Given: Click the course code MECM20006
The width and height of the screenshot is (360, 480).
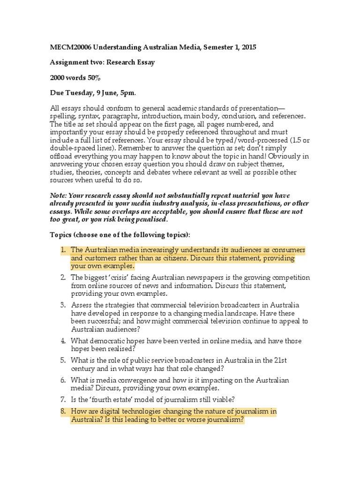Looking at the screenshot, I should (70, 48).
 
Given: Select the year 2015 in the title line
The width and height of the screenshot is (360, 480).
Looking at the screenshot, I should (248, 48).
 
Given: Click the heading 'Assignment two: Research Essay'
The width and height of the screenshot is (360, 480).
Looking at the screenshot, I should (102, 62).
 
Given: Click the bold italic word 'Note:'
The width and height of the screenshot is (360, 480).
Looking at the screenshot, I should (60, 195).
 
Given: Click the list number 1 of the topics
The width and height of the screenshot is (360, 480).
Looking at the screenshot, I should (63, 250).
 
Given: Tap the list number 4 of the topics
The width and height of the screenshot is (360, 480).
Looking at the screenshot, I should (63, 341).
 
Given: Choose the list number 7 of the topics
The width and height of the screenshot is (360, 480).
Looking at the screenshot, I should (63, 399).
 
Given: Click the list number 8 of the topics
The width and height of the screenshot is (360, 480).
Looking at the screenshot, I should (63, 412).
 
